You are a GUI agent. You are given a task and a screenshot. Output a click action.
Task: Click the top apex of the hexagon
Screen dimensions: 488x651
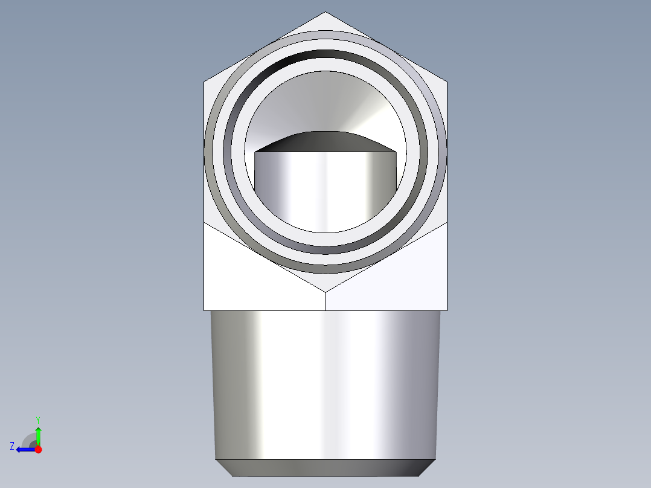coord(325,12)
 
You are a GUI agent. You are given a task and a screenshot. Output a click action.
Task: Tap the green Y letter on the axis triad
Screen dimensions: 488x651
coord(37,419)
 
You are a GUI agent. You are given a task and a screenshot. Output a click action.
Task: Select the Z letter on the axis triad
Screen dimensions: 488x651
coord(12,446)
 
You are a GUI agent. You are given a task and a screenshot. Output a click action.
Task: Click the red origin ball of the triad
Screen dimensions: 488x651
coord(38,449)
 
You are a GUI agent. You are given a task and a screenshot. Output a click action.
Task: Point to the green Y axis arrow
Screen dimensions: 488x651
coord(38,434)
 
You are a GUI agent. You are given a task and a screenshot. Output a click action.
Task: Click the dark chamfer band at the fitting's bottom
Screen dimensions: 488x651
coord(325,467)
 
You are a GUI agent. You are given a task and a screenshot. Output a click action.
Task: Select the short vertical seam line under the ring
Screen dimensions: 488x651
coord(325,301)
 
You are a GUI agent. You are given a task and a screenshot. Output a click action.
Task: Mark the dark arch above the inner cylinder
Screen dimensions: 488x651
coord(325,141)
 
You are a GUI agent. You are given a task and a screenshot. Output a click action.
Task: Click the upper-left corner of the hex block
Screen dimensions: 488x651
coord(204,82)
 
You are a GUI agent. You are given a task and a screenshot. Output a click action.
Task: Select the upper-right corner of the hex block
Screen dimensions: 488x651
coord(447,82)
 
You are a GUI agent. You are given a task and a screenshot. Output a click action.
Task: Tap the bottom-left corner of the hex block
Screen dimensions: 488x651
coord(204,310)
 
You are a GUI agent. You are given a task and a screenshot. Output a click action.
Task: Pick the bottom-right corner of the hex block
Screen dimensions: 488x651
coord(447,310)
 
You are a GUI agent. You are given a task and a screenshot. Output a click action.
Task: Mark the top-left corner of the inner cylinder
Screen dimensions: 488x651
coord(255,152)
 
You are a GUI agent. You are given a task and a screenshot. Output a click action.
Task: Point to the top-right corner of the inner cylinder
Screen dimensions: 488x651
coord(396,152)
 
